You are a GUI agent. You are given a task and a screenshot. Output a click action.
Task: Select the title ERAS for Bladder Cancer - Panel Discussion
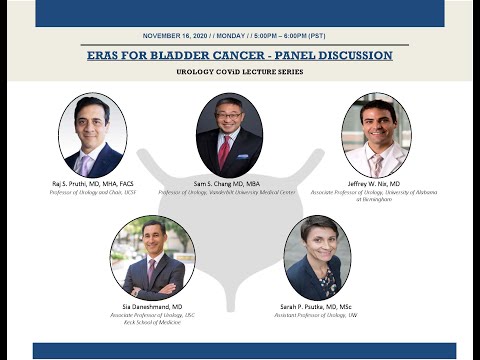[x=239, y=55]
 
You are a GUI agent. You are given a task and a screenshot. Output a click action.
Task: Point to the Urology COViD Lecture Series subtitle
[x=239, y=72]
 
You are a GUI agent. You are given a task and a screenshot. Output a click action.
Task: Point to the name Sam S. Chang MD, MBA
[x=229, y=184]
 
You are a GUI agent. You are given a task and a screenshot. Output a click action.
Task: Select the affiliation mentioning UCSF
[x=92, y=192]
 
